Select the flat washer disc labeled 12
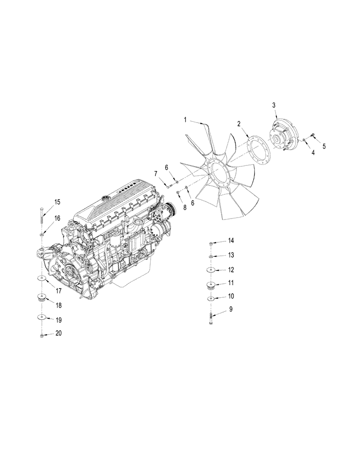(211, 270)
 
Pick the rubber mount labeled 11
(211, 286)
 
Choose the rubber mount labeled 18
(42, 298)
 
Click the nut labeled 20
(42, 336)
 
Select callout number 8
(185, 208)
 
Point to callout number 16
(57, 218)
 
